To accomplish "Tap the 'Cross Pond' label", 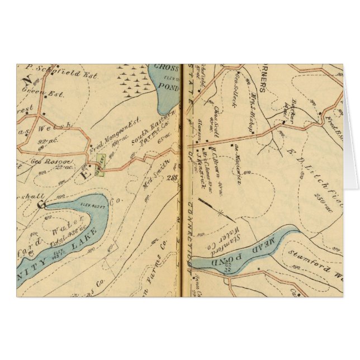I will [166, 73].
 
